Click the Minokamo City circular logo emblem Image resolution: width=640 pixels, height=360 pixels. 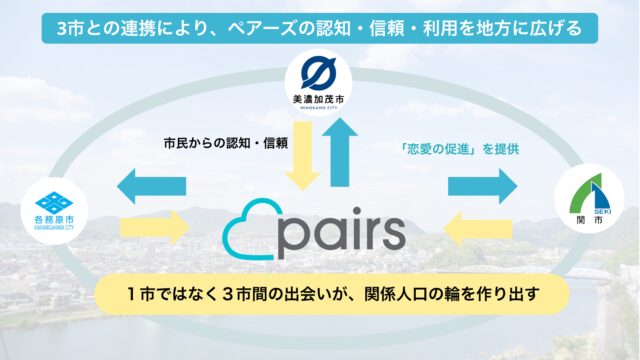[319, 76]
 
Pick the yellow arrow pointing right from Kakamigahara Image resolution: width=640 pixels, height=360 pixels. [152, 228]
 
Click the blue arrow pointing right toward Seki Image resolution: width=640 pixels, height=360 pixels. [482, 185]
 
